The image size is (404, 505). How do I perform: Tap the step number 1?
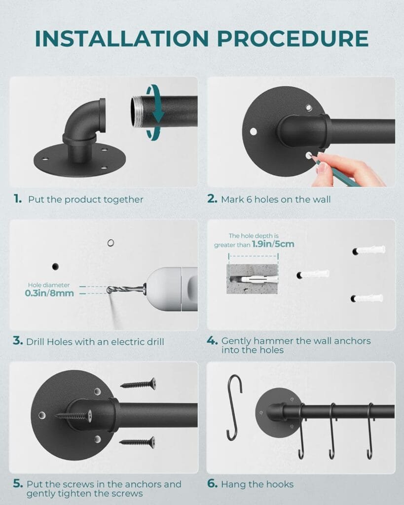tap(18, 199)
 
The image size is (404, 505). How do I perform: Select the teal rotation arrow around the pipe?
tap(157, 112)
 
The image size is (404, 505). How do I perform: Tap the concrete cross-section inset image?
tap(252, 279)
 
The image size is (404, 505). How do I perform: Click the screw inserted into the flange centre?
tap(74, 416)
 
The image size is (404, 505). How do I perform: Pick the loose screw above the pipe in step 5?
tap(138, 383)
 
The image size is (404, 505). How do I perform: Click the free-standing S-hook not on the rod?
tap(234, 407)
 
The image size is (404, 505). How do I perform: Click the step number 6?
tap(212, 483)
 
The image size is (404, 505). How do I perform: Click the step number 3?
tap(17, 341)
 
